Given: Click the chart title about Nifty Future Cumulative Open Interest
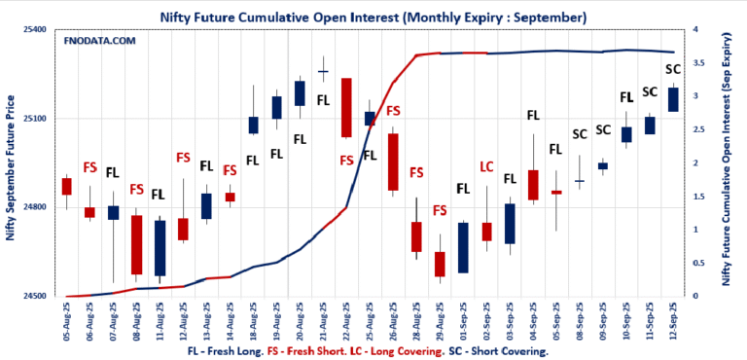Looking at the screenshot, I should coord(373,17).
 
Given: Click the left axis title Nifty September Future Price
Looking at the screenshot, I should coord(11,163).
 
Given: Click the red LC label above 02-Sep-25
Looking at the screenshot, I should coord(486,166).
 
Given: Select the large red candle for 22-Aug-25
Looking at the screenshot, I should coord(346,107).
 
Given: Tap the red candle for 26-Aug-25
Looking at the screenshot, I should coord(393,162).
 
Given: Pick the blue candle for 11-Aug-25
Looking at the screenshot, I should coord(160,247).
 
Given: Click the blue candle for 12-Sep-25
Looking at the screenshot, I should coord(672,99).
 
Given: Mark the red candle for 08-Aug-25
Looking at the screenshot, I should coord(136,244).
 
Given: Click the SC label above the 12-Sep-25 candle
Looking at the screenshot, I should coord(672,70).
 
